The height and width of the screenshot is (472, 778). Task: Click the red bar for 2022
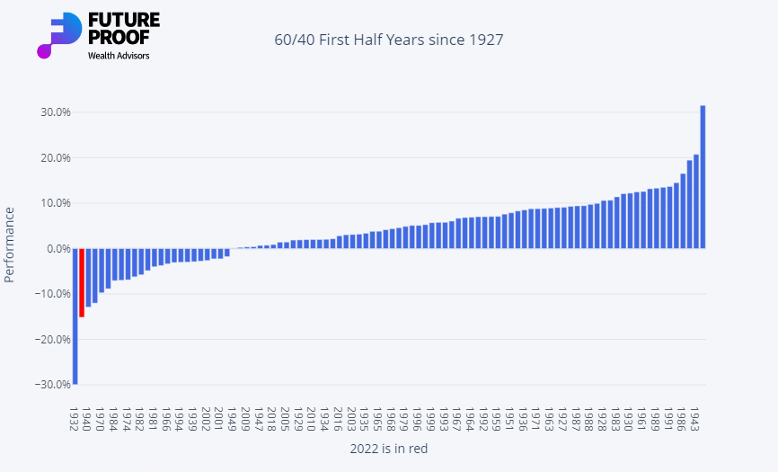pos(82,282)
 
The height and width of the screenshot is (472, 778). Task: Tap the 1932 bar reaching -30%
pos(75,316)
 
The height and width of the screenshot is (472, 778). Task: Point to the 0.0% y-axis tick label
pos(57,248)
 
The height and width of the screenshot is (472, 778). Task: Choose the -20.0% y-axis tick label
pos(52,339)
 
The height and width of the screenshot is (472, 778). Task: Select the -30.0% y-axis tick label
pos(52,384)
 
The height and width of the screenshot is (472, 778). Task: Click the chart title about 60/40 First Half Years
pos(388,40)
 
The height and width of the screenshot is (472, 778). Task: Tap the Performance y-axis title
pos(10,244)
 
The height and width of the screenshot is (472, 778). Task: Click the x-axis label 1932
pos(75,419)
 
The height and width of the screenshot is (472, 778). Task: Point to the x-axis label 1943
pos(696,419)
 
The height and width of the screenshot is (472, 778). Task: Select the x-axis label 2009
pos(245,419)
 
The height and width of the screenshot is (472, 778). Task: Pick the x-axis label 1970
pos(101,419)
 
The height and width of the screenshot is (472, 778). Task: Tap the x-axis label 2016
pos(338,419)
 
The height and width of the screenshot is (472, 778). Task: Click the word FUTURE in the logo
pos(124,20)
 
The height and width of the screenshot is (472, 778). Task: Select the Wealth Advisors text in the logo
pos(119,56)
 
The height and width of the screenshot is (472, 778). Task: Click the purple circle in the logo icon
pos(44,50)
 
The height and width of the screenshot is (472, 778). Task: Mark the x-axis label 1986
pos(683,419)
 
